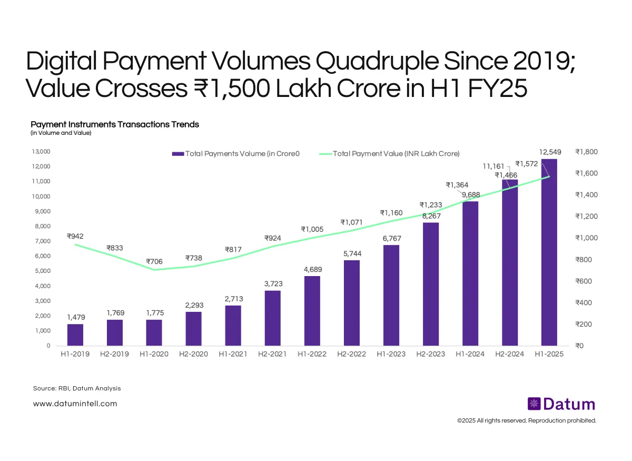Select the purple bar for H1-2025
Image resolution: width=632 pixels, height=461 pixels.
click(x=549, y=253)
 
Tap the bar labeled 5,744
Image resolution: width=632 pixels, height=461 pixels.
click(x=352, y=303)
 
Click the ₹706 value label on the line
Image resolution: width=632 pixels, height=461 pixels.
click(x=154, y=261)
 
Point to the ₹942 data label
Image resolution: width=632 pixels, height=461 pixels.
click(x=75, y=237)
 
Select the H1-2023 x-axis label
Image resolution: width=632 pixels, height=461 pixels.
click(x=391, y=354)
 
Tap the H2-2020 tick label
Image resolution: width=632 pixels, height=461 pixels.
click(x=194, y=354)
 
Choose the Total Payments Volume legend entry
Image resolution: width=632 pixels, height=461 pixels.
click(x=236, y=153)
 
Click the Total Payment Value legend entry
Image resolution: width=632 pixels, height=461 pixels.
click(x=390, y=153)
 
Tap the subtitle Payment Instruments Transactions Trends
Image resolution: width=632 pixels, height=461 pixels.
click(x=115, y=124)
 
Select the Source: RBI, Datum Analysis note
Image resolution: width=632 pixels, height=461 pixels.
click(x=77, y=388)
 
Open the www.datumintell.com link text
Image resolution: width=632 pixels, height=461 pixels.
click(x=75, y=404)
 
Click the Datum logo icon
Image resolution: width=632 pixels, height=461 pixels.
click(x=534, y=404)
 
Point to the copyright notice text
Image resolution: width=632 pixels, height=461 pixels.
click(x=526, y=420)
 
